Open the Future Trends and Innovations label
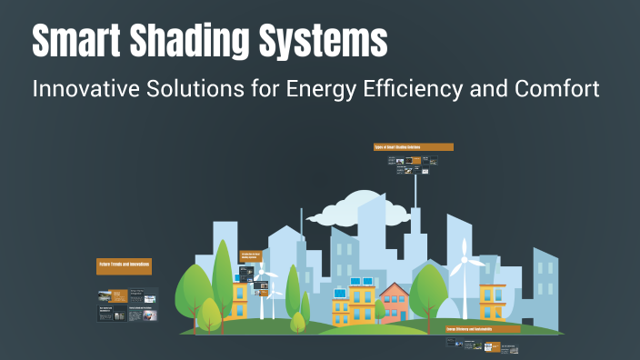(x=124, y=265)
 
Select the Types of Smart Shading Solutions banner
(x=413, y=146)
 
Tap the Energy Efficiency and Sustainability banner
(x=482, y=327)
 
